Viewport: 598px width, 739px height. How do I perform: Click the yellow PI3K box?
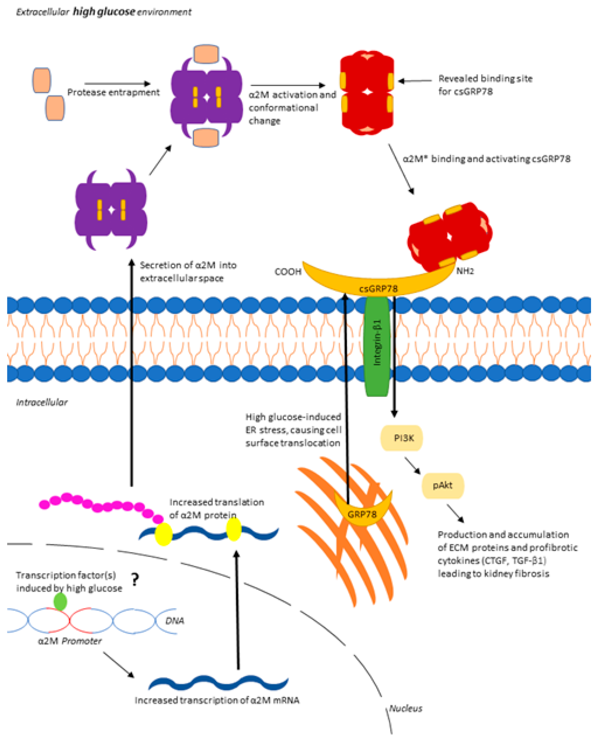coord(401,438)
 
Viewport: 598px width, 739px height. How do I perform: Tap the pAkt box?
coord(443,486)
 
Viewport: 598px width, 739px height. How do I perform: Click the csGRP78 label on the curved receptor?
coord(378,289)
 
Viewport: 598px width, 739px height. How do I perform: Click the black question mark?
coord(135,580)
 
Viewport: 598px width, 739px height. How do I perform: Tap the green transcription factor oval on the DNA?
coord(60,601)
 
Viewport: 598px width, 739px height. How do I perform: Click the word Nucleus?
coord(406,708)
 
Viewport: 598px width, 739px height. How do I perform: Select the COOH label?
coord(288,272)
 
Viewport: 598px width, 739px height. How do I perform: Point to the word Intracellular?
coord(42,402)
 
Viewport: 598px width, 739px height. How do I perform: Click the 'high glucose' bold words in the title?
coord(104,12)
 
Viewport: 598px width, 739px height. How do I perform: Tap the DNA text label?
coord(175,621)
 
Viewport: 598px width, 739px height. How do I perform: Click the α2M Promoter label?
coord(70,641)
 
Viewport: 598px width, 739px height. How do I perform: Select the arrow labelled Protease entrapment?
coord(117,84)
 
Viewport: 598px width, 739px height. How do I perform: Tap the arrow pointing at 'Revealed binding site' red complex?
coord(415,81)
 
